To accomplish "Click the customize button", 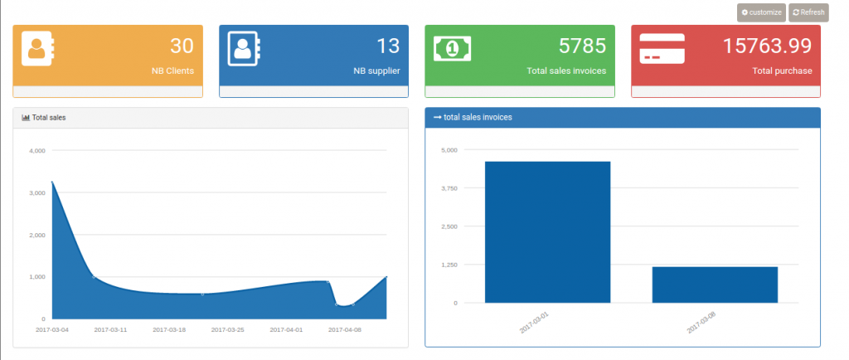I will pos(761,12).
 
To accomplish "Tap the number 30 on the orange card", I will pos(182,46).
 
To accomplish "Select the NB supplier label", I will pos(376,71).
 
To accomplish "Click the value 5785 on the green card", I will pos(582,46).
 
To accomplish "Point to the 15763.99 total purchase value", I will pos(767,46).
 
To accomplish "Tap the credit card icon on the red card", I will pos(662,48).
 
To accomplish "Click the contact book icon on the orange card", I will pos(37,48).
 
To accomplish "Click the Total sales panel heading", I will pos(48,118).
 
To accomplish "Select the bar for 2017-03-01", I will pos(547,232).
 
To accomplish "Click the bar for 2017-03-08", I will pos(715,285).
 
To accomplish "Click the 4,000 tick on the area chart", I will pos(36,151).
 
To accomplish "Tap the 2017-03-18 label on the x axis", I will pos(169,329).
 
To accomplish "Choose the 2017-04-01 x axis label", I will pos(287,329).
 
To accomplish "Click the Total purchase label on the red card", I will pos(782,71).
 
